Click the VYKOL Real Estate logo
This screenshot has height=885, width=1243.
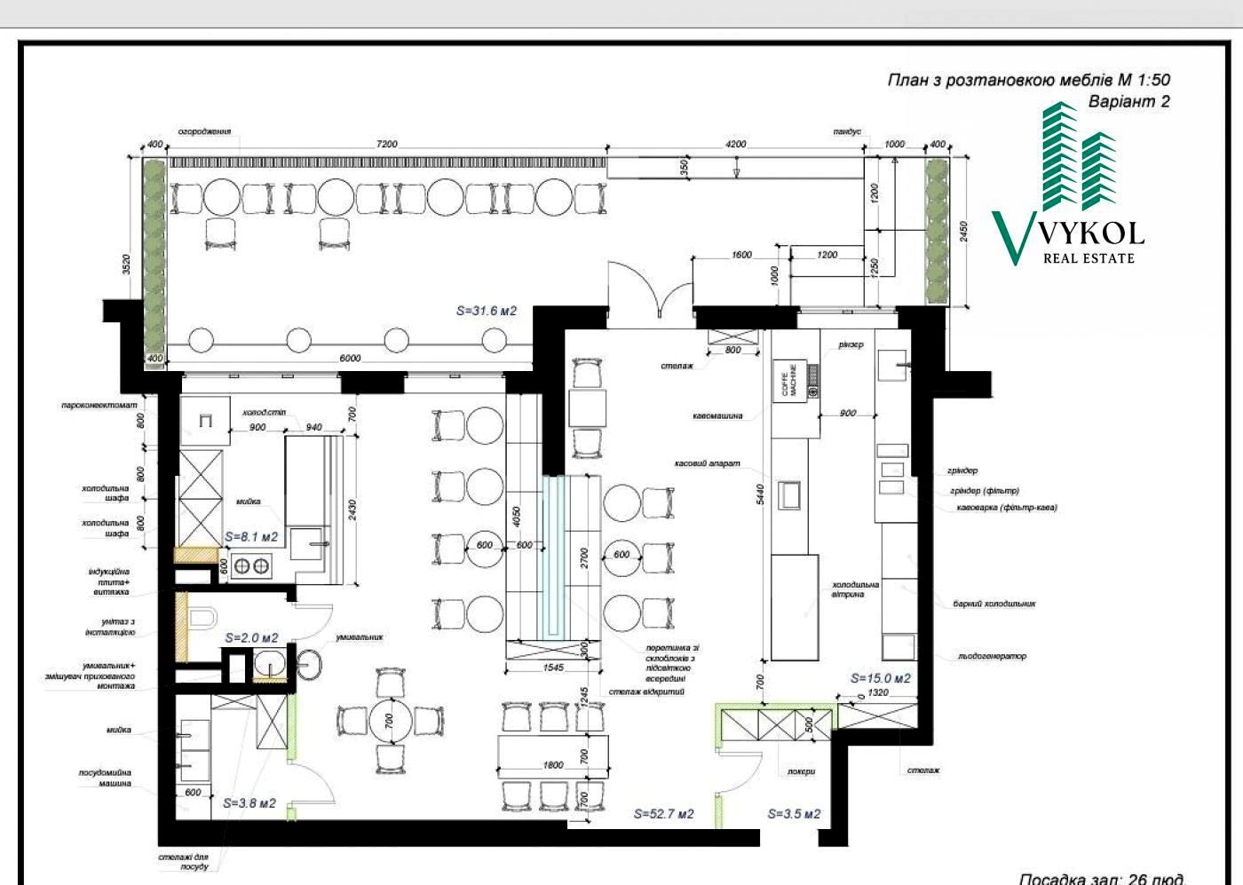coord(1067,186)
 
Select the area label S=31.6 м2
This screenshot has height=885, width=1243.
coord(486,312)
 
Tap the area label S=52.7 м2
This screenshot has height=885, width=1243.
coord(663,814)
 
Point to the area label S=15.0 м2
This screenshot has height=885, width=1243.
coord(880,678)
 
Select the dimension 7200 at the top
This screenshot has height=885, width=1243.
coord(386,144)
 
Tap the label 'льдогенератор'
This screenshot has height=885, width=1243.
coord(991,657)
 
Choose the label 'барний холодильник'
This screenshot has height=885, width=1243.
coord(994,604)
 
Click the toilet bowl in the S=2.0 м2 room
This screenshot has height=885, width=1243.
coord(202,618)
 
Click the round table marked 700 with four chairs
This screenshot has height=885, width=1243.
coord(389,719)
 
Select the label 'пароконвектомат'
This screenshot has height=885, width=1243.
coord(99,405)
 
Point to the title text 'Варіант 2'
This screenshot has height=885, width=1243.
coord(1128,102)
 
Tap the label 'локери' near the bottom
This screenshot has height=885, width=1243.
coord(800,771)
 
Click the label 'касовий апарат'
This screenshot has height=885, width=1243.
coord(707,463)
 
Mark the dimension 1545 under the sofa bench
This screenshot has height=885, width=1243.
coord(552,668)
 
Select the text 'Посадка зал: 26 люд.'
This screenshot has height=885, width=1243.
coord(1100,878)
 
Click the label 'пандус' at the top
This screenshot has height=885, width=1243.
coord(846,131)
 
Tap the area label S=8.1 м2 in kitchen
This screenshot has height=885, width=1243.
coord(250,537)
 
